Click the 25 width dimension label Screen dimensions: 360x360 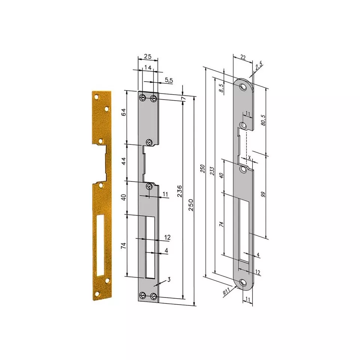[x=147, y=56]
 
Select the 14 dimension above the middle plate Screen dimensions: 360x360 [x=147, y=67]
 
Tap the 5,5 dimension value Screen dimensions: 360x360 [x=169, y=80]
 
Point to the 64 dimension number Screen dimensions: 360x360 [x=124, y=112]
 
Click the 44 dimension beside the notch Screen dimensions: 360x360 [x=124, y=161]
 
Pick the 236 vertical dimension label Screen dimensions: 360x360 [x=180, y=191]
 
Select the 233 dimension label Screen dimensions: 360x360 [x=212, y=171]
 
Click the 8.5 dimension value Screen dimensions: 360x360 [x=221, y=88]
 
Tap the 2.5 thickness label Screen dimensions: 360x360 [x=259, y=66]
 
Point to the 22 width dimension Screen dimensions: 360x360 [x=243, y=57]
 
